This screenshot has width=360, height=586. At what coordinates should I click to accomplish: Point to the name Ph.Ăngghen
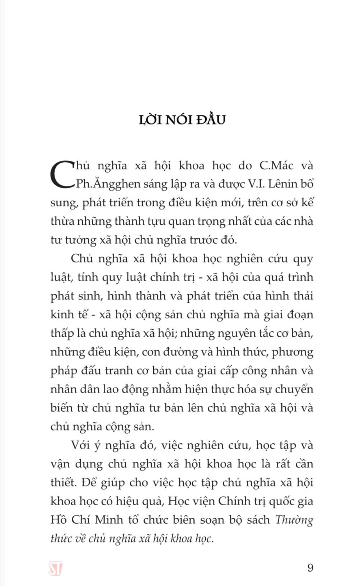point(108,184)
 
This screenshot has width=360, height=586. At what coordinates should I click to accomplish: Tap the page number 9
point(310,568)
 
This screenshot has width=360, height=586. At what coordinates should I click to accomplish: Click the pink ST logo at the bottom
point(55,569)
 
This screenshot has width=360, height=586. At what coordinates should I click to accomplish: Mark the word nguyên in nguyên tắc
point(236,334)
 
